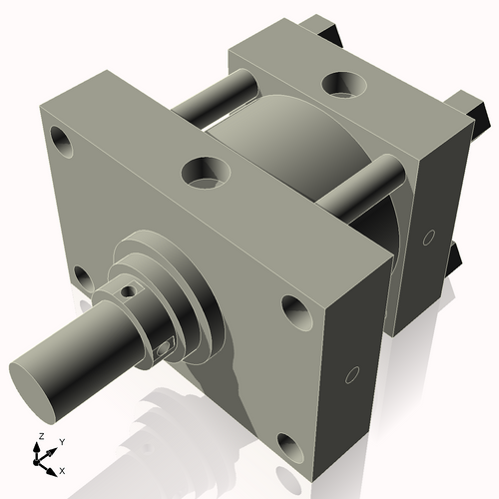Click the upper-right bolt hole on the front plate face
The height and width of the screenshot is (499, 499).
click(296, 310)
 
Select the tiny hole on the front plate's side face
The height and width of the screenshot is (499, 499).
click(349, 376)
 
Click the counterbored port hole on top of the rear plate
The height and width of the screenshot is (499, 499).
click(344, 82)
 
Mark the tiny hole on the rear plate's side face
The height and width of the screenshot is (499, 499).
click(428, 238)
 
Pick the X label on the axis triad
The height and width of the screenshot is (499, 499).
click(62, 469)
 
